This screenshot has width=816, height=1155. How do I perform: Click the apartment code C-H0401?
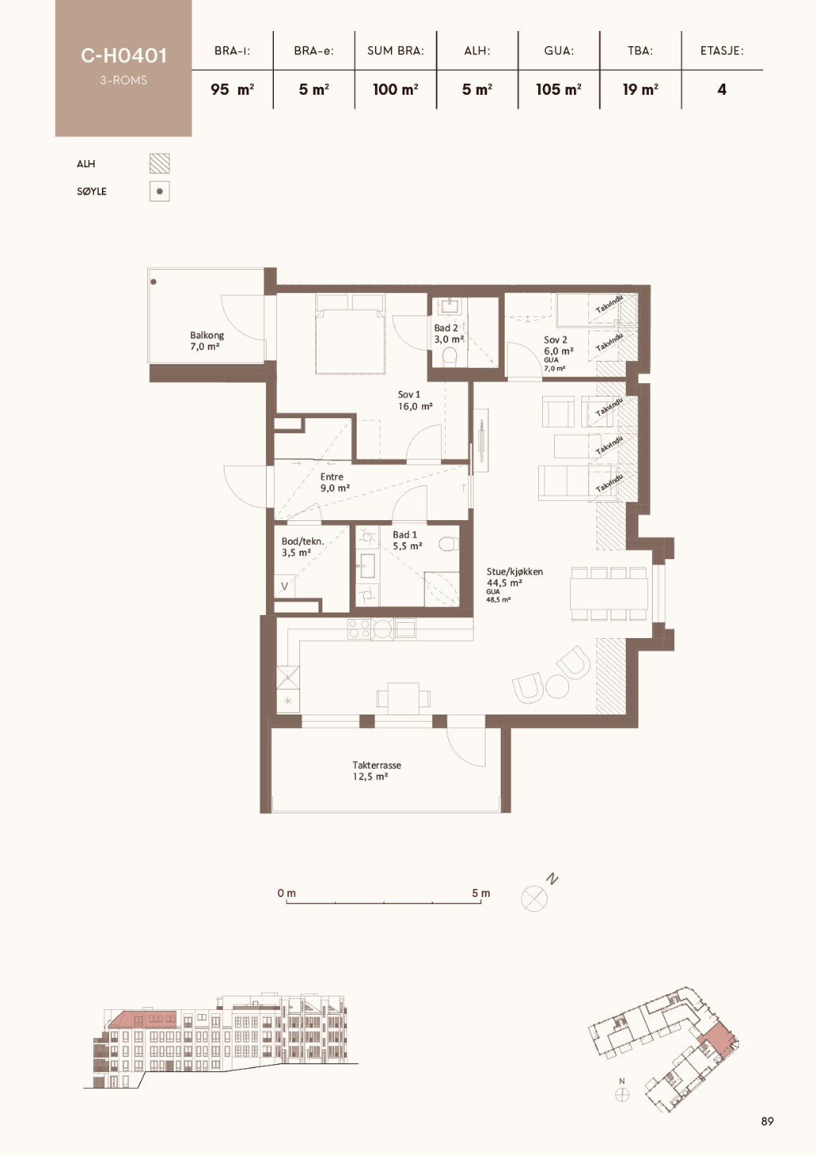click(x=123, y=56)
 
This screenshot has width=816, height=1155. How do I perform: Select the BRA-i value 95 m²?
click(x=232, y=90)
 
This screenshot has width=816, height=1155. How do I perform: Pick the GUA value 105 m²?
click(x=559, y=90)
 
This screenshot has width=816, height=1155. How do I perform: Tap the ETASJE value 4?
click(x=722, y=90)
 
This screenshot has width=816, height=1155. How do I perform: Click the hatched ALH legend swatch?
click(x=159, y=163)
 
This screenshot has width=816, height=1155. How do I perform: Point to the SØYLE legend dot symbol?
click(x=159, y=191)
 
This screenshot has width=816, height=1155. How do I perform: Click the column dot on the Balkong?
click(x=154, y=282)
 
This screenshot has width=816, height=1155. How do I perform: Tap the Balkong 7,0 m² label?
click(x=206, y=341)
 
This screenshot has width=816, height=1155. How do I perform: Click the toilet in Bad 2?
click(x=450, y=356)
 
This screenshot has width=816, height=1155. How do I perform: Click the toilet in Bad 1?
click(x=450, y=544)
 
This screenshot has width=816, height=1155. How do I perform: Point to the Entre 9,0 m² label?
click(x=335, y=482)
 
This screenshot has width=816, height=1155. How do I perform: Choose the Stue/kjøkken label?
click(x=514, y=571)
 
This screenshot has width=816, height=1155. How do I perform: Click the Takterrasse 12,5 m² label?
click(x=377, y=771)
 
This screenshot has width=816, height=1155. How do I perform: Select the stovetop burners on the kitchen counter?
click(x=359, y=629)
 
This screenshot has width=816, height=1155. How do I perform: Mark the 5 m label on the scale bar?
click(x=480, y=893)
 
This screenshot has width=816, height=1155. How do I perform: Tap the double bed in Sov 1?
click(x=350, y=333)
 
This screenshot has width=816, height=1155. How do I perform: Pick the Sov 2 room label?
click(x=555, y=340)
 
